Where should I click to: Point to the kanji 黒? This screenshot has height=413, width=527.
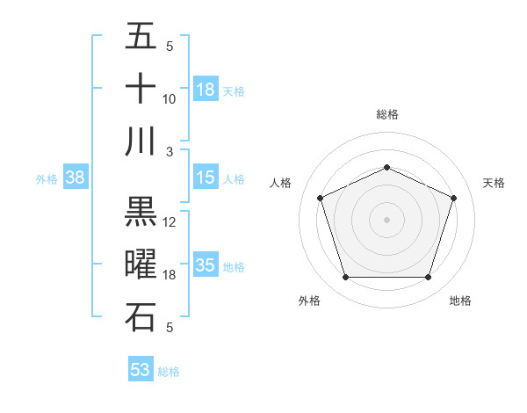click(x=141, y=212)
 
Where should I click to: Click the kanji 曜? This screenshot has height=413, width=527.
click(x=141, y=264)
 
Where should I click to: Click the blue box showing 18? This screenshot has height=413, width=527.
click(x=206, y=90)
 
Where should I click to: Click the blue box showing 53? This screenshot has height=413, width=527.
click(x=141, y=370)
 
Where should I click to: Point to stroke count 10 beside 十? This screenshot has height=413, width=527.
click(x=170, y=99)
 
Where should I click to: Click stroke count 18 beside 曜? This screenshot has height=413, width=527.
click(x=170, y=275)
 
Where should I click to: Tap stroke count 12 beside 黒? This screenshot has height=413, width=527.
click(x=170, y=222)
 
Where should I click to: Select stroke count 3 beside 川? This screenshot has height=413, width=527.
click(x=170, y=151)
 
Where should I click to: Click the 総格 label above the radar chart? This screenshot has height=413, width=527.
click(x=386, y=114)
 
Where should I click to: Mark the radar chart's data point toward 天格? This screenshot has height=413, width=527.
click(x=454, y=198)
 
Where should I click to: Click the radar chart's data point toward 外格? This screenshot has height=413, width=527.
click(x=345, y=278)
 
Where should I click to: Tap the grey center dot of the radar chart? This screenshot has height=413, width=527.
click(x=386, y=220)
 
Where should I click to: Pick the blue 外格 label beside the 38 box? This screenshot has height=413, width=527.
click(x=47, y=179)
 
